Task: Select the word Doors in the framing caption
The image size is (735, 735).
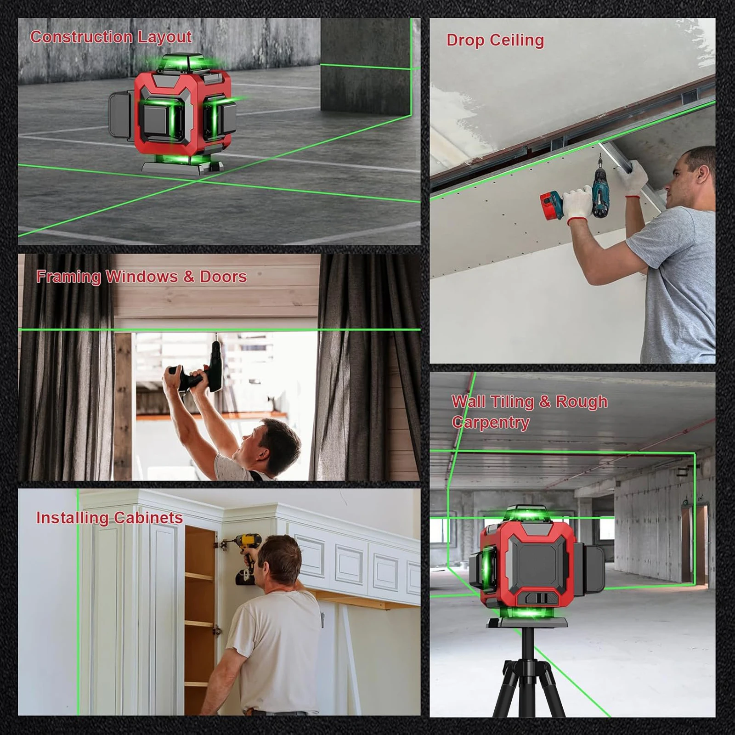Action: coord(223,277)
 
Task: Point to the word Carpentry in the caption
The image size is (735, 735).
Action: coord(490,422)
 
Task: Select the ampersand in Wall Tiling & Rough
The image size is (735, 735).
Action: coord(545,402)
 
